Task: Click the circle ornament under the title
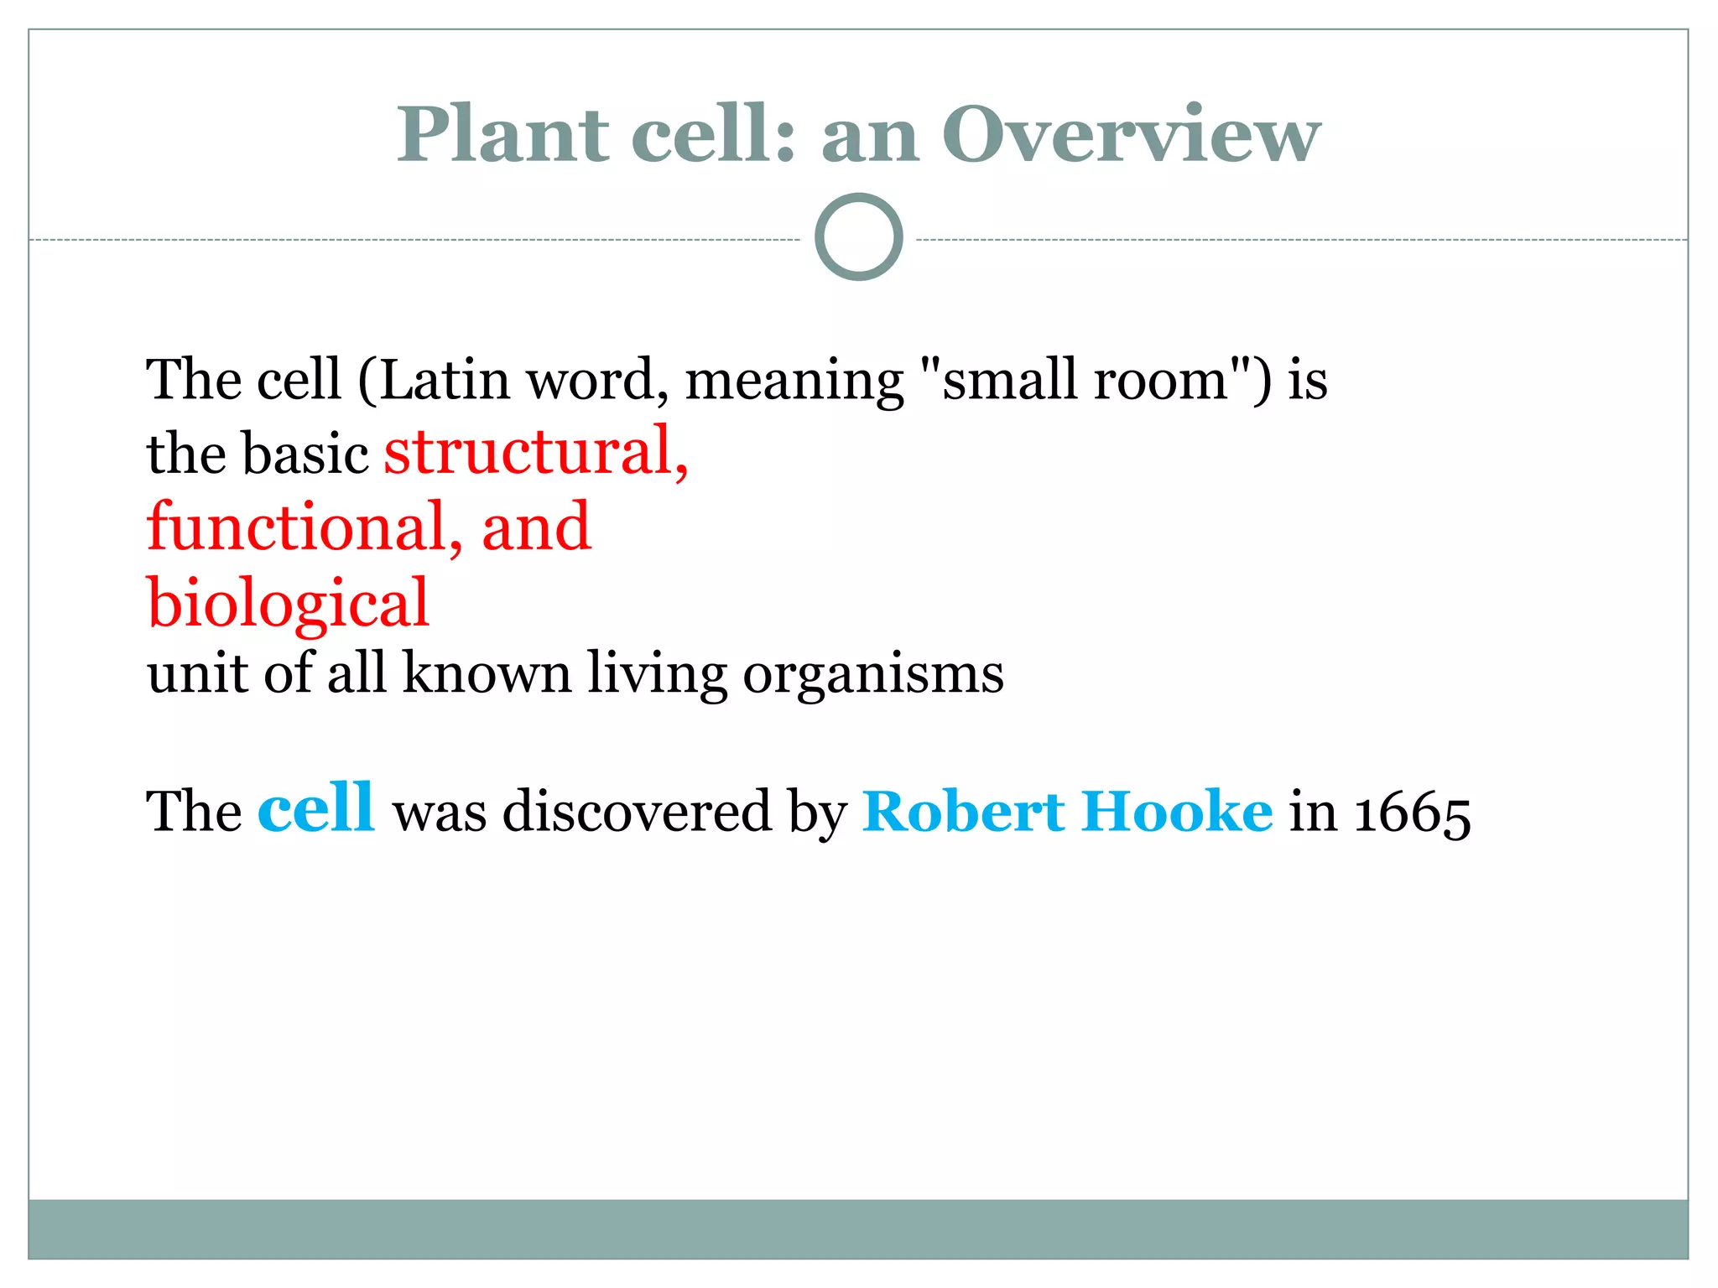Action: coord(858,237)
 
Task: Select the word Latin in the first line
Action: coord(445,380)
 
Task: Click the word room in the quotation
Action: coord(1161,380)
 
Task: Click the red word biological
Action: coord(288,604)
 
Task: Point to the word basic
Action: coord(306,454)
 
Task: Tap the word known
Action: coord(487,673)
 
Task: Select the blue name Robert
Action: coord(963,811)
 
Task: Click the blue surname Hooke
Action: coord(1176,811)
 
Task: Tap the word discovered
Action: coord(637,811)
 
